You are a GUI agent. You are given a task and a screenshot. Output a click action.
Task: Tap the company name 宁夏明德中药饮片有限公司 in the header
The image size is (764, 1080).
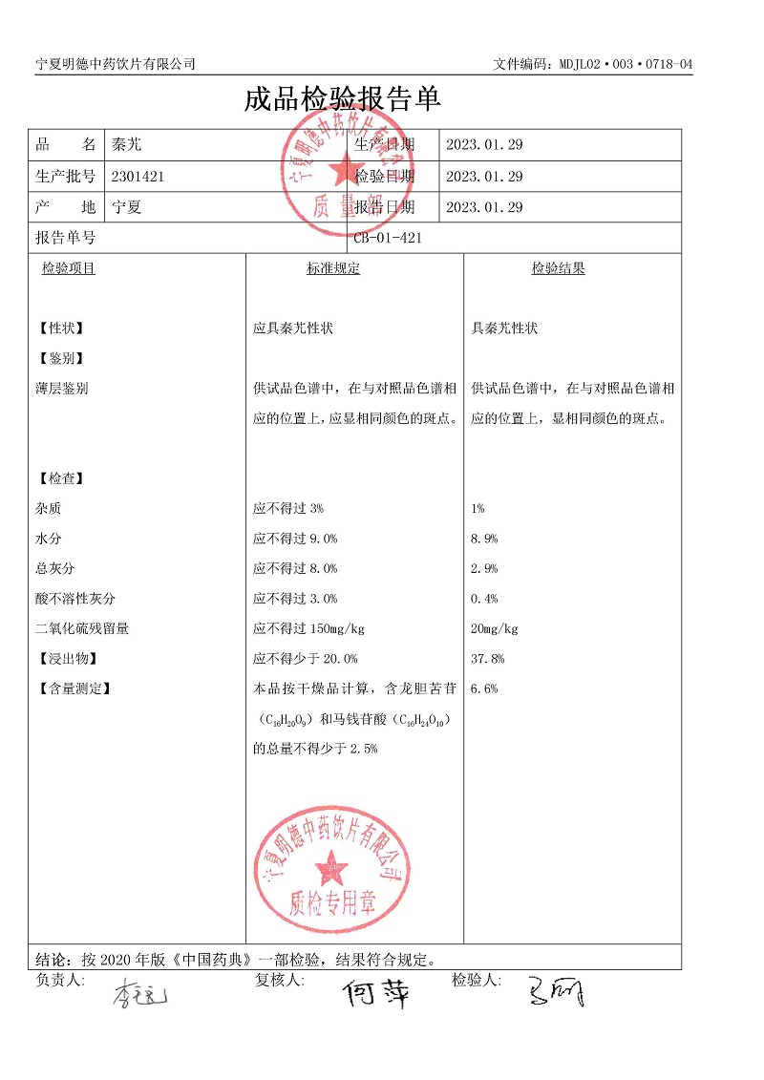tap(116, 63)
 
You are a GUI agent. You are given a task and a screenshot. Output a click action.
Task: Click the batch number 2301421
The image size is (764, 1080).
tap(138, 176)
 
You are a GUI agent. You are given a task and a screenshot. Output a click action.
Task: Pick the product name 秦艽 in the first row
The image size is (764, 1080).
tap(126, 145)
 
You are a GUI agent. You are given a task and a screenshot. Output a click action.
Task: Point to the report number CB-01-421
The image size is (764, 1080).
tap(387, 238)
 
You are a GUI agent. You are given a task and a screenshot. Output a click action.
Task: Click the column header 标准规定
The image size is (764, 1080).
tap(333, 268)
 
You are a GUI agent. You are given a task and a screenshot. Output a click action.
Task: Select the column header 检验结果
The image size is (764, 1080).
tap(558, 268)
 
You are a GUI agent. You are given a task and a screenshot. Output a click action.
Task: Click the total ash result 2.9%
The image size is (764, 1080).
tap(484, 568)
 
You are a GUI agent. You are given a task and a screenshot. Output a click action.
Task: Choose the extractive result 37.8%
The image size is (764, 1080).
tap(487, 659)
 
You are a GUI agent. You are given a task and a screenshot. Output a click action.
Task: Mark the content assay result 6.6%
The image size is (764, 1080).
tap(484, 688)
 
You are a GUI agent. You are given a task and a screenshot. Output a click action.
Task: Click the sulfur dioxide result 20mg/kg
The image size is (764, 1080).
tap(494, 628)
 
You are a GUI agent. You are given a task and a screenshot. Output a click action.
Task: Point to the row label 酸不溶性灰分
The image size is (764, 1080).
tap(74, 599)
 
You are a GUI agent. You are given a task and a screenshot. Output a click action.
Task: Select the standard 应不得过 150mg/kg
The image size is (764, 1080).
tap(308, 628)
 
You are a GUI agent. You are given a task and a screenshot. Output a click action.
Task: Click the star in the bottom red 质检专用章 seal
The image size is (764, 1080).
tap(332, 867)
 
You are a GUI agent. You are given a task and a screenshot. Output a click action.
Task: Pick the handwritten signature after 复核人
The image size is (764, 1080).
tap(376, 994)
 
